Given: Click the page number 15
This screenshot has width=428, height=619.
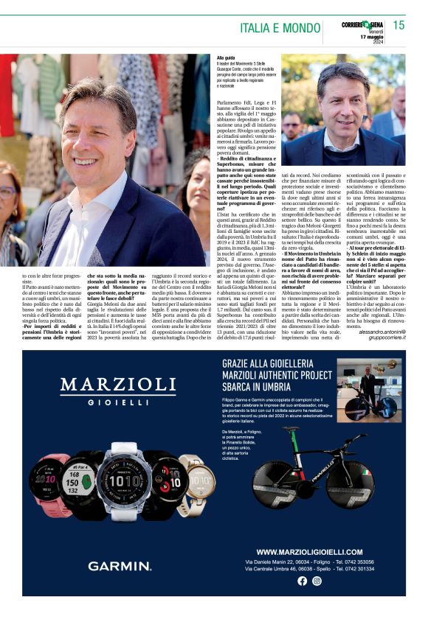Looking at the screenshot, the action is click(x=398, y=25).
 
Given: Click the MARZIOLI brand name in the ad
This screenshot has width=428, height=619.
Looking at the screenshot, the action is click(x=117, y=385).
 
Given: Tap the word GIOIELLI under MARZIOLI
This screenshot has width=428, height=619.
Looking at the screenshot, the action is click(x=118, y=402).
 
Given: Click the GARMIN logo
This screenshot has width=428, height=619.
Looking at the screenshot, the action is click(x=120, y=565).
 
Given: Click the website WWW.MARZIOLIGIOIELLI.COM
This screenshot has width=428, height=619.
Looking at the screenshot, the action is click(x=310, y=551).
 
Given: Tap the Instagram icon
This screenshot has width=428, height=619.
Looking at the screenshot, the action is click(x=317, y=581).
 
